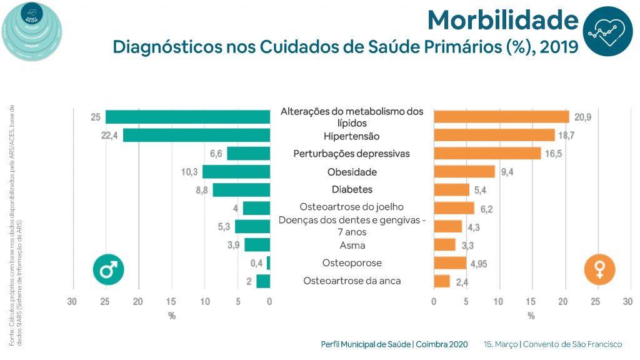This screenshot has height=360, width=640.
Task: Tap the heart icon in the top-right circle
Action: pos(607,31)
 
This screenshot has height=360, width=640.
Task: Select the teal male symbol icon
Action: pos(108,269)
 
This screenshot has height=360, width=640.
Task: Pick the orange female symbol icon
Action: pos(599,269)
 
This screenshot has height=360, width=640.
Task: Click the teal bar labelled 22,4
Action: pos(196,135)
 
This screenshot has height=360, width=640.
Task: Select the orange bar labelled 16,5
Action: pos(487,153)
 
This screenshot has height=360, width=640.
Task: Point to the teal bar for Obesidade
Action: pos(236,171)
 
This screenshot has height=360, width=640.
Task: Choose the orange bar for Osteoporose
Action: pos(450,262)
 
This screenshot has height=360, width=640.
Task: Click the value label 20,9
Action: pos(584,117)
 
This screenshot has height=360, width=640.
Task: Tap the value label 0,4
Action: pos(256,263)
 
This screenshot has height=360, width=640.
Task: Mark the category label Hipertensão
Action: pos(352,136)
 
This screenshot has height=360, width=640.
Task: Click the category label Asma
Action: pos(352,245)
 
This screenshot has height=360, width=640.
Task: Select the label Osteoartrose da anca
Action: pos(352,281)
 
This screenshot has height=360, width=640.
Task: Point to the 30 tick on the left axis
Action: pos(72,301)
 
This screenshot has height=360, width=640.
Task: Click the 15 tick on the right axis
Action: pos(531,301)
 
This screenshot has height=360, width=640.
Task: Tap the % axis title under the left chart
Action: pos(172,316)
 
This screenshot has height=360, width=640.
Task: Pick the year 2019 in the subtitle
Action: pos(556,47)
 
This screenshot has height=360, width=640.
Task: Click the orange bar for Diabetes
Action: pos(451,189)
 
